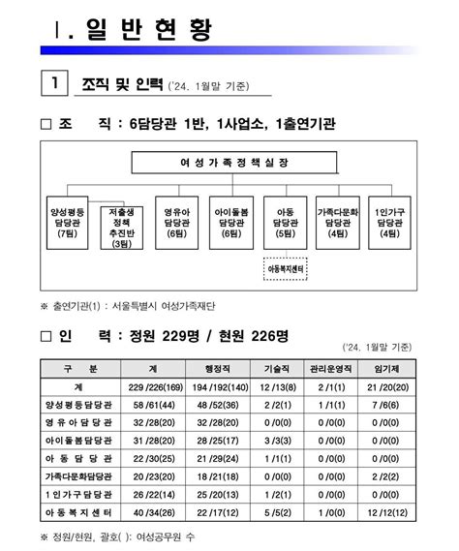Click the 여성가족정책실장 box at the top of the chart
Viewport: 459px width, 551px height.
[229, 163]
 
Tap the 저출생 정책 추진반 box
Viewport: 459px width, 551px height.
[121, 228]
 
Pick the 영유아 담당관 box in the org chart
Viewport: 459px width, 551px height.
[176, 223]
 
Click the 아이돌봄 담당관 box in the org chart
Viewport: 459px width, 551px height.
[230, 223]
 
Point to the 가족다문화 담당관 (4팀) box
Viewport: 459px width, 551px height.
[338, 223]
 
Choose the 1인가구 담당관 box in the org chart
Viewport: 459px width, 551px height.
[390, 223]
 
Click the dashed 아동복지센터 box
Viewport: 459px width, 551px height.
[286, 266]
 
